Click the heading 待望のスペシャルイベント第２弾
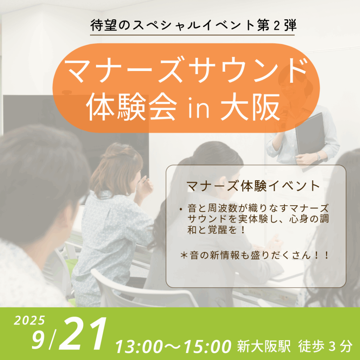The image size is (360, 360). point(193,25)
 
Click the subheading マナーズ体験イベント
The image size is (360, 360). point(253,186)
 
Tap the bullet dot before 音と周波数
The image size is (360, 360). point(181,209)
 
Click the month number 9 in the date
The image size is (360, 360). point(38,340)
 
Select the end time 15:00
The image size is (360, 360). point(207,346)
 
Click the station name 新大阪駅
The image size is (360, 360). point(264,346)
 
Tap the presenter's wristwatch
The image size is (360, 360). point(319,156)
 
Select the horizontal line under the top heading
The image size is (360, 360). point(192,35)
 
